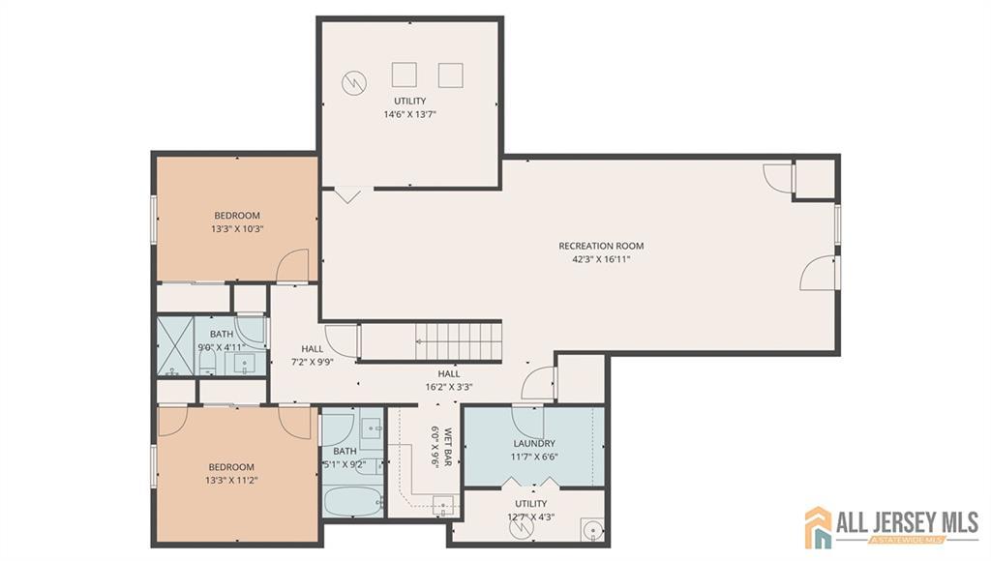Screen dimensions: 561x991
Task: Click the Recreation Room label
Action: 601,246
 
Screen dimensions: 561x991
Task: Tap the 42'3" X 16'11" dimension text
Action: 601,259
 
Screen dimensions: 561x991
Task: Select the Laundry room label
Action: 534,443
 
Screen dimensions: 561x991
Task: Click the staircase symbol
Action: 460,340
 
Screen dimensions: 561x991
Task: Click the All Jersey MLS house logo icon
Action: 820,526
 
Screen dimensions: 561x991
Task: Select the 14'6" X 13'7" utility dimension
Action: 409,114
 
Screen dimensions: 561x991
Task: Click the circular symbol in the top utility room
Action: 353,83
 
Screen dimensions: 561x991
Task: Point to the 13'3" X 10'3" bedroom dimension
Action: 237,229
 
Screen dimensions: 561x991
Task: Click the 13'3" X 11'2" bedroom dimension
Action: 231,479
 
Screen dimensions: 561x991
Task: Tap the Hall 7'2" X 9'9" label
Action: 312,355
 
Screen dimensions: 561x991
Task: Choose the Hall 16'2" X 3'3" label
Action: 448,380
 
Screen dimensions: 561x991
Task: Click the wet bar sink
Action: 443,504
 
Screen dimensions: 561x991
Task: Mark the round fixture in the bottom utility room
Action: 592,528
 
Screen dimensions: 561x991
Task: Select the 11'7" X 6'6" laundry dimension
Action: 534,457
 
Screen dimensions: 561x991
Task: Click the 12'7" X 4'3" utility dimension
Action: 530,517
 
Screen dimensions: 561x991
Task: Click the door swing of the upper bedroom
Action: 293,266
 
